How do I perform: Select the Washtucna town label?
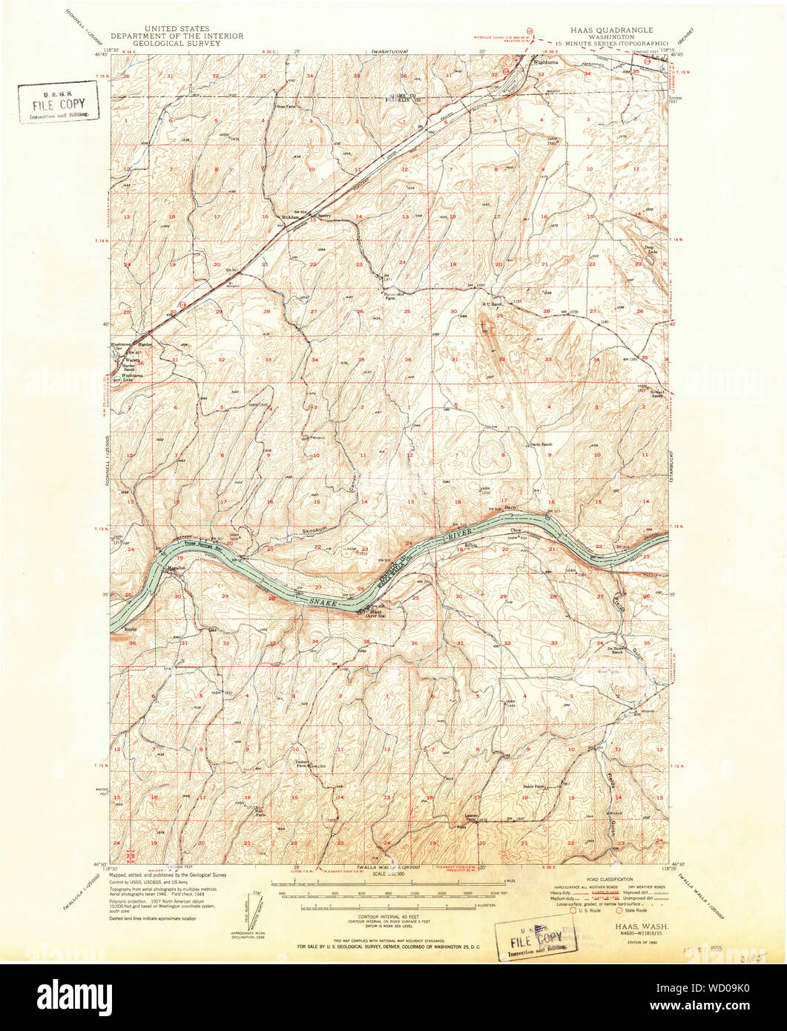[x=550, y=62]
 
